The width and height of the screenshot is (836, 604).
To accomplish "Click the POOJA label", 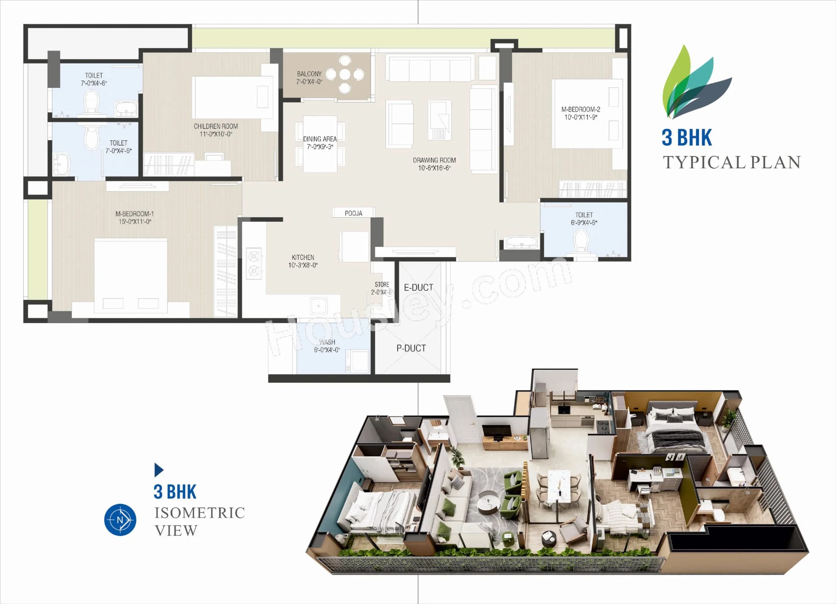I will (x=353, y=213).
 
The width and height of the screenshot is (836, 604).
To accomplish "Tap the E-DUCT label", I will (x=418, y=287).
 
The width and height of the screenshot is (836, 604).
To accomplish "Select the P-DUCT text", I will (x=411, y=348).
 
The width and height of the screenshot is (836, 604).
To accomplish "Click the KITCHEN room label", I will (x=303, y=258).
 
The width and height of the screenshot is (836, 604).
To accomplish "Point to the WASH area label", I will (x=327, y=342).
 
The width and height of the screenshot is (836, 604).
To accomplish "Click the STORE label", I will (x=382, y=284).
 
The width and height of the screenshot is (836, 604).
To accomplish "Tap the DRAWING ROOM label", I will (x=434, y=160).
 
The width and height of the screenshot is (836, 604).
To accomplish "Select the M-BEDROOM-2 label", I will (x=581, y=109).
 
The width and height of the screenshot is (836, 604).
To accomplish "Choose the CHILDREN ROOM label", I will (x=216, y=126).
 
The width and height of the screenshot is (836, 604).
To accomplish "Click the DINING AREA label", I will (x=320, y=139).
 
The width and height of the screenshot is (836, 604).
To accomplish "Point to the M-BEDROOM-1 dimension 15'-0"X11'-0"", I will (x=135, y=222).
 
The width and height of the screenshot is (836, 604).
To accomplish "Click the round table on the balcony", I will (x=345, y=75).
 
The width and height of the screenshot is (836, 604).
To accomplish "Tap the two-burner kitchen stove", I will (x=253, y=263).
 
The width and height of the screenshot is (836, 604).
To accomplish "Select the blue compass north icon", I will (x=120, y=520).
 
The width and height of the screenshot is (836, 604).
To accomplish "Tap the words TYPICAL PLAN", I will (x=731, y=162).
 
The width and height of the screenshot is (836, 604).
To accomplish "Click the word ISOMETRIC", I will (x=199, y=513).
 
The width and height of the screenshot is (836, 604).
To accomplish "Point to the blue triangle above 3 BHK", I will (x=158, y=470).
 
